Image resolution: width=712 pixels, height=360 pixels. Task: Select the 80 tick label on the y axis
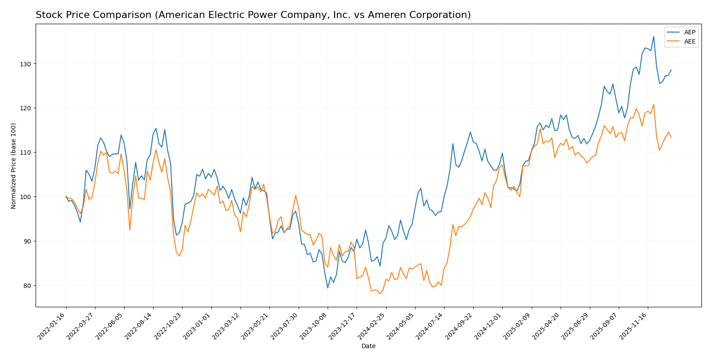click(x=27, y=286)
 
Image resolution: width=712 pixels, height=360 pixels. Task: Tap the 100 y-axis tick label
click(x=26, y=197)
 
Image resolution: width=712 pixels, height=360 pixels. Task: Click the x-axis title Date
click(x=368, y=346)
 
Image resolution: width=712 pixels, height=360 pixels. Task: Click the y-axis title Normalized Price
click(x=14, y=166)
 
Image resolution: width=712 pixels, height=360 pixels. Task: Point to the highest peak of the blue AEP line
click(x=653, y=36)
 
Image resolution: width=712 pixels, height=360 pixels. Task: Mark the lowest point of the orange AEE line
click(x=380, y=294)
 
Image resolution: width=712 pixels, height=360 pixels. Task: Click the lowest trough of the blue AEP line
click(x=328, y=288)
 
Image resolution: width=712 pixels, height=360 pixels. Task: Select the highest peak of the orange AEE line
click(x=653, y=105)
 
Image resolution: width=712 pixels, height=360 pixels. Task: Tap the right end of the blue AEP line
click(x=671, y=70)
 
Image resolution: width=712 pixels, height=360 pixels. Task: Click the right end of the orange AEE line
click(x=671, y=137)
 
